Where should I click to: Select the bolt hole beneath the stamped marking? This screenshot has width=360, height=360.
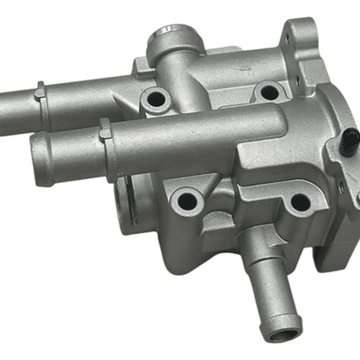click(x=269, y=92)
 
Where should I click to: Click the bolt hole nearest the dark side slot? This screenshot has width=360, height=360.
click(x=187, y=201)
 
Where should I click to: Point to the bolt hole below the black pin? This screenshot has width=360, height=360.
click(x=300, y=202)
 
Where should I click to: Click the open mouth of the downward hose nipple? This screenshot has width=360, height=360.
click(x=284, y=334)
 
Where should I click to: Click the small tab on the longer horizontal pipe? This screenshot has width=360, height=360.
click(x=40, y=93)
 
